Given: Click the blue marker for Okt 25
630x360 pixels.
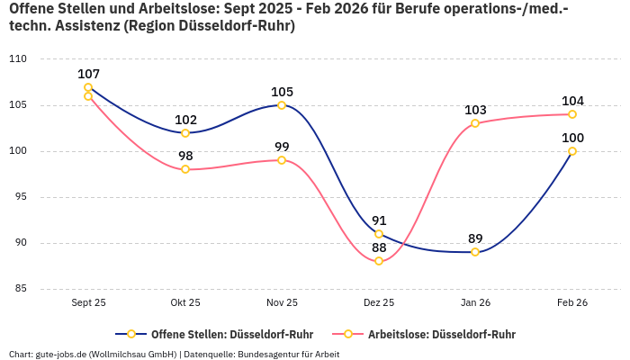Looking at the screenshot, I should (x=185, y=133).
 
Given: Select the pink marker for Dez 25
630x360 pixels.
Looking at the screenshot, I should (x=379, y=261).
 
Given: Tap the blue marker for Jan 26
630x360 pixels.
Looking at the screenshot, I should (x=475, y=252).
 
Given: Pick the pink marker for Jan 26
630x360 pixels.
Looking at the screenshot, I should (x=475, y=123).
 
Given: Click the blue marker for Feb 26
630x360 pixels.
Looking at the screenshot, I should (x=571, y=151).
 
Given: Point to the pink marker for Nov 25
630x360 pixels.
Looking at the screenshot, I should (x=282, y=160).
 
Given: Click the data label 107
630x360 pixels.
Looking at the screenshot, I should (x=88, y=74).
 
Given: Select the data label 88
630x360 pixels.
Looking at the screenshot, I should (x=379, y=247).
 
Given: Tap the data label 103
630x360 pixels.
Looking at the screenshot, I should (x=475, y=110).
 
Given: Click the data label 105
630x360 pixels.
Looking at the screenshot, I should (x=282, y=92).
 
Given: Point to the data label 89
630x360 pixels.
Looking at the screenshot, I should (x=475, y=238).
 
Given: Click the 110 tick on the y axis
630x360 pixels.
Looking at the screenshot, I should (x=17, y=59).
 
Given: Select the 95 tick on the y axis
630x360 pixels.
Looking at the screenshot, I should (x=20, y=197).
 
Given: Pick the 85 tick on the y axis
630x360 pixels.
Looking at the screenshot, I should (x=20, y=289).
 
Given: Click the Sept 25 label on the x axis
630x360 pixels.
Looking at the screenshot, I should (x=88, y=303).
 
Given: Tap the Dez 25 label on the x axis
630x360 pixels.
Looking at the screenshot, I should (x=379, y=303).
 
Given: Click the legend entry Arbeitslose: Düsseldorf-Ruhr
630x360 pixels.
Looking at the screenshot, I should (x=432, y=334).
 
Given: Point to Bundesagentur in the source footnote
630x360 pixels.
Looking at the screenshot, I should (x=272, y=354).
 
